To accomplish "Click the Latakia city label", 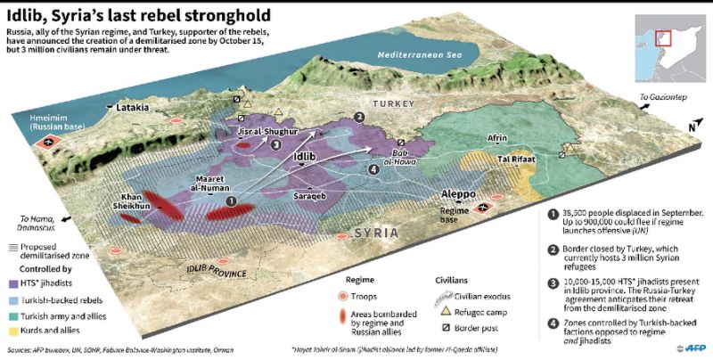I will coord(132,108).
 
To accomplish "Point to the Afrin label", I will coord(497,139).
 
